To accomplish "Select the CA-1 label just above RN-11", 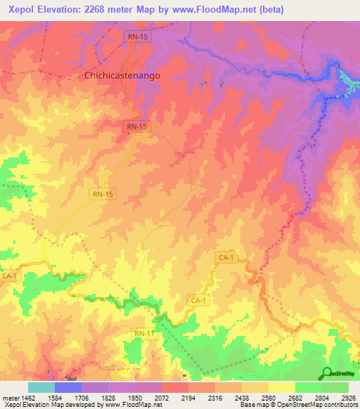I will [199, 300].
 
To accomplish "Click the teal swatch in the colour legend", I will [41, 387].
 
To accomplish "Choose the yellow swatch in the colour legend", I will [281, 387].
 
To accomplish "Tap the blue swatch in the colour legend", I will [67, 387].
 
